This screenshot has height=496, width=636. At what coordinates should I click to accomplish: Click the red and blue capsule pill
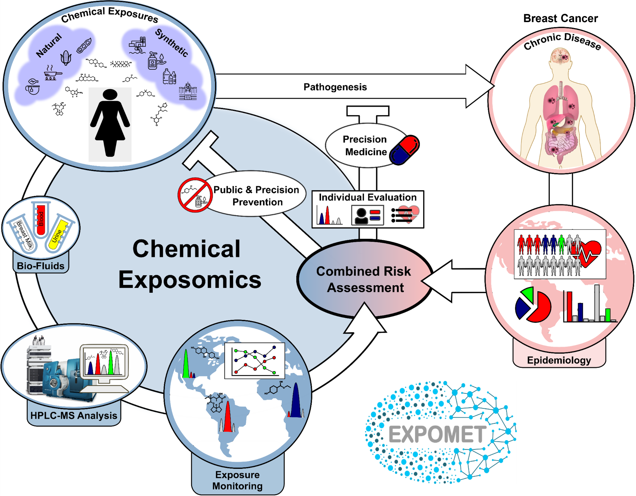404,150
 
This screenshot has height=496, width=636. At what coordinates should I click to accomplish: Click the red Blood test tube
41,219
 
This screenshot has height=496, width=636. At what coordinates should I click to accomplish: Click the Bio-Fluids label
40,266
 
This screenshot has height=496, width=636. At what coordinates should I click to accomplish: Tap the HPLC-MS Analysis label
74,415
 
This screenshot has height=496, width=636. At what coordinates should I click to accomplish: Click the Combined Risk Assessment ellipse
364,279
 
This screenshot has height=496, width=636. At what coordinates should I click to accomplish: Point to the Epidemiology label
559,360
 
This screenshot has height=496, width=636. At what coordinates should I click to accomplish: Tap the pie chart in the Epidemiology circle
533,305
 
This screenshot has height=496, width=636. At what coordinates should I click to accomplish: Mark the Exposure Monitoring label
237,480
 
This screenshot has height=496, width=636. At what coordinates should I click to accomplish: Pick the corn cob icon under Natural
66,58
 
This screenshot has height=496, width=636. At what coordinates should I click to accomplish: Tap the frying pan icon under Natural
52,74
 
